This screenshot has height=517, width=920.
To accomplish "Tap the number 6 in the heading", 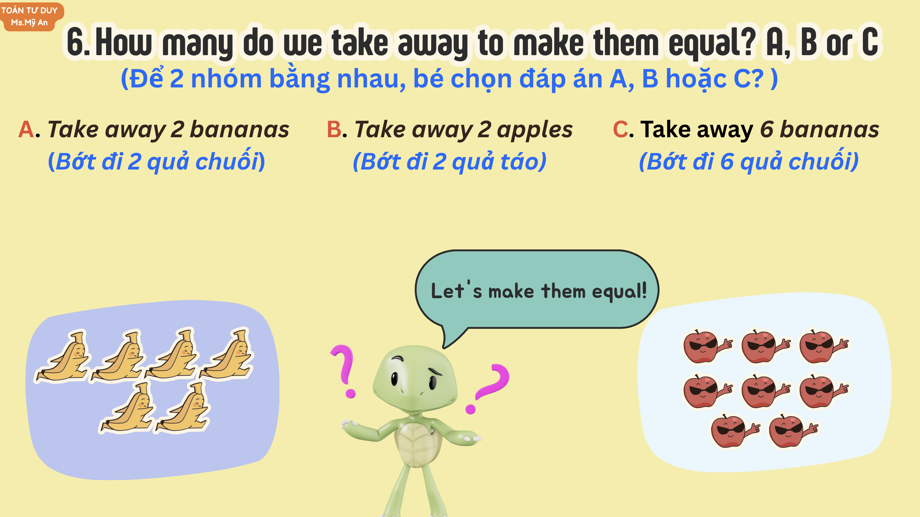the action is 75,42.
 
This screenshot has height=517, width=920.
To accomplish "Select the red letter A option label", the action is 26,129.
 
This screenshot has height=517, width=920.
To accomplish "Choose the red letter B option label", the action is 334,129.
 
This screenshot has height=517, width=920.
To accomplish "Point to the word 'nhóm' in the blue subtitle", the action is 226,79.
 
